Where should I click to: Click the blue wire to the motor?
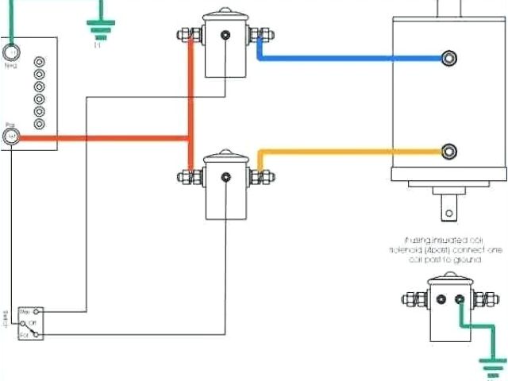click(x=349, y=58)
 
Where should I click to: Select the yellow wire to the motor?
click(x=349, y=150)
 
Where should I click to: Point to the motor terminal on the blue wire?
click(x=450, y=58)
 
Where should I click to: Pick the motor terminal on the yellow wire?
click(x=450, y=150)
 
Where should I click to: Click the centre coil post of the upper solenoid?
click(x=227, y=35)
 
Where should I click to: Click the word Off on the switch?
click(x=33, y=323)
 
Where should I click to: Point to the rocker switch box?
click(x=33, y=324)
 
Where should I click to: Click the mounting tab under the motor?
click(x=450, y=208)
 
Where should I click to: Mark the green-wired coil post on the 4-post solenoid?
click(x=460, y=299)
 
